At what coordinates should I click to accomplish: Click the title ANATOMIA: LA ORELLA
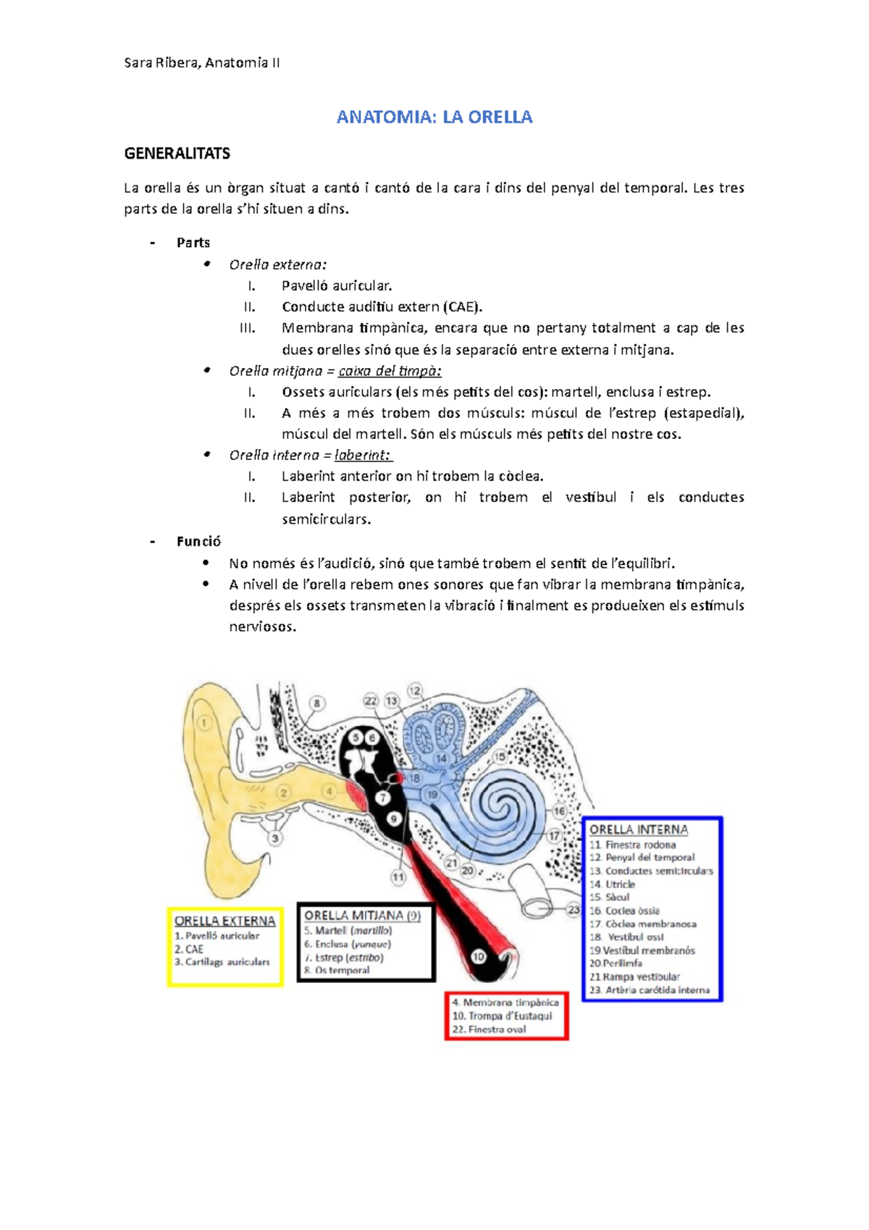click(x=434, y=117)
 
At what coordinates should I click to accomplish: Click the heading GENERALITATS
click(x=177, y=154)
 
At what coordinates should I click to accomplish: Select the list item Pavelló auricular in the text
click(x=337, y=286)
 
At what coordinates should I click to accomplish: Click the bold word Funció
click(x=198, y=541)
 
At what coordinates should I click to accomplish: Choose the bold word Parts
click(x=193, y=243)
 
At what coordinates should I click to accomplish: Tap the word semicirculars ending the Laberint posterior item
click(x=326, y=519)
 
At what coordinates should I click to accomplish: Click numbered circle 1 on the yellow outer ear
click(x=204, y=722)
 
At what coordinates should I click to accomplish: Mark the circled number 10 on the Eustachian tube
click(x=479, y=956)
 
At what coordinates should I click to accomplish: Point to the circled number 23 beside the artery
click(x=574, y=909)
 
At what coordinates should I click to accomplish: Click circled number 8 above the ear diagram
click(x=316, y=703)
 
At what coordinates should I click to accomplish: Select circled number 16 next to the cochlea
click(x=560, y=811)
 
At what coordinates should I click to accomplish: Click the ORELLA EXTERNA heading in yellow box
click(x=224, y=921)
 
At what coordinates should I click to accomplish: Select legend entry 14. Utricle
click(x=613, y=884)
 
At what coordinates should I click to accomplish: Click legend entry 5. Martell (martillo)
click(x=348, y=931)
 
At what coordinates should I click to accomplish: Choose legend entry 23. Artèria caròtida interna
click(x=650, y=990)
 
